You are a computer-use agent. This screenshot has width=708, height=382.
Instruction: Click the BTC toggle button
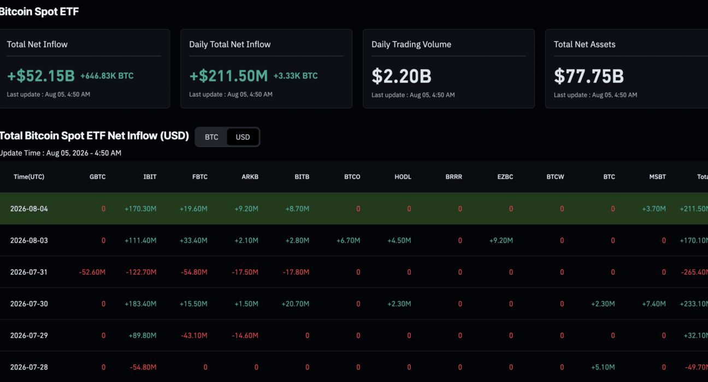click(x=211, y=137)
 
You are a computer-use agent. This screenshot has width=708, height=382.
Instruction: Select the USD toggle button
click(x=243, y=137)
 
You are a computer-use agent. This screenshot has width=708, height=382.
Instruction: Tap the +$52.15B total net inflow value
click(x=41, y=76)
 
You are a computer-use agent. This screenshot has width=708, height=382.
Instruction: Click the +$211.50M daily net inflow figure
click(x=228, y=76)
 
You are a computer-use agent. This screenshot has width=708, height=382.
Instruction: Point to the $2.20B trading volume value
click(x=402, y=76)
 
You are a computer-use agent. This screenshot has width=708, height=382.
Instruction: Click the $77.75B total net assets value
click(x=589, y=76)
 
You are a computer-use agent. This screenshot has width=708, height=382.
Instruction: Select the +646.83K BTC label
click(x=107, y=76)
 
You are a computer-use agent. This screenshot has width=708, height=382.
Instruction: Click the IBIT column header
click(x=150, y=177)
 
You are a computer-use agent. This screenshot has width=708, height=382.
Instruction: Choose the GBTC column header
click(x=97, y=177)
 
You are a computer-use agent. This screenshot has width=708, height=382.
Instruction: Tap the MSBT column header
click(x=657, y=177)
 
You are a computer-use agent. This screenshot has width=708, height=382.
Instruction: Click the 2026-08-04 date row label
click(x=29, y=208)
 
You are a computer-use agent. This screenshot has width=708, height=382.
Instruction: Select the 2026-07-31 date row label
click(x=29, y=272)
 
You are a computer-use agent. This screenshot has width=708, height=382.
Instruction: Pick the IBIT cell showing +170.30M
click(x=140, y=208)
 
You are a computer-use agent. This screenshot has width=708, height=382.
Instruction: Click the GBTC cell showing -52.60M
click(x=92, y=272)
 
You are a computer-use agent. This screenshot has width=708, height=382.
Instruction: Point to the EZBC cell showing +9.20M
click(x=501, y=241)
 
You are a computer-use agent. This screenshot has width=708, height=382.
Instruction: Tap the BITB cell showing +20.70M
click(x=295, y=304)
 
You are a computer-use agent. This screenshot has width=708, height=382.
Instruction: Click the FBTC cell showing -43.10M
click(x=194, y=336)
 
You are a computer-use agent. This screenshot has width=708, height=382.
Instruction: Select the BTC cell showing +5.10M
click(x=603, y=367)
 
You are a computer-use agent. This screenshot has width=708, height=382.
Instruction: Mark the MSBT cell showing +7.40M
click(x=653, y=304)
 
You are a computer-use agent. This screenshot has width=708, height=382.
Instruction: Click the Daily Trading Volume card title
click(x=411, y=45)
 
